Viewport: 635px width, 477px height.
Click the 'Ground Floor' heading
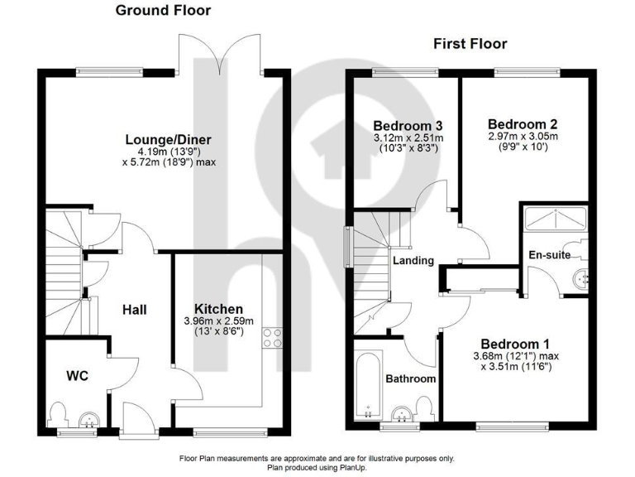point(162,11)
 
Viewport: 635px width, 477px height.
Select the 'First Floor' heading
point(470,44)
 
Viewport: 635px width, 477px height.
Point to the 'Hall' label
point(134,310)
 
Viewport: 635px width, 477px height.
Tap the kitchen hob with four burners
point(272,338)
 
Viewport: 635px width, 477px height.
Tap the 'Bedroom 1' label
point(516,343)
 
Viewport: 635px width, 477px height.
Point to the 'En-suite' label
point(549,255)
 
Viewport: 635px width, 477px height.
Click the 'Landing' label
point(413,260)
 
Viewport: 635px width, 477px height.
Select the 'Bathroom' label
point(410,378)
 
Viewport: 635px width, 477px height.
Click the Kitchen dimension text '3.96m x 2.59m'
point(218,321)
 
